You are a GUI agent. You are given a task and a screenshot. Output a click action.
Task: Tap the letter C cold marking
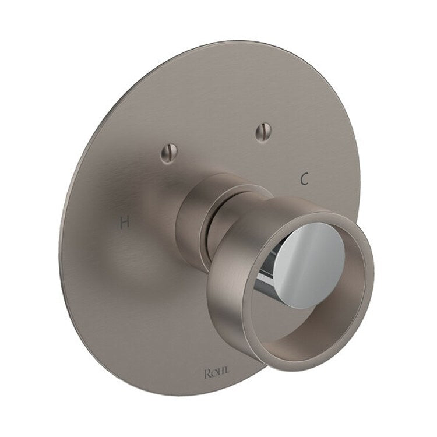pos(303,179)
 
